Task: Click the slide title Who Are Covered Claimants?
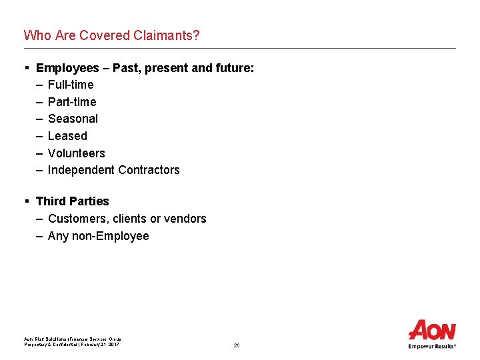click(111, 35)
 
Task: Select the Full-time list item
click(71, 85)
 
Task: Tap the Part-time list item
click(72, 102)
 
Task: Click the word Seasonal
click(73, 119)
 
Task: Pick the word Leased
click(67, 136)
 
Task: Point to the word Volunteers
click(76, 153)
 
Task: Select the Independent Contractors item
click(113, 170)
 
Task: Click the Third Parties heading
click(72, 201)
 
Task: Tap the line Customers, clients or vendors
click(127, 219)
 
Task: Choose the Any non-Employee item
click(98, 236)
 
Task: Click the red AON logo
click(432, 331)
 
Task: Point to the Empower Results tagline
click(432, 346)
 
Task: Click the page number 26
click(237, 345)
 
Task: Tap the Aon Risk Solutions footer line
click(73, 339)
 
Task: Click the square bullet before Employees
click(26, 68)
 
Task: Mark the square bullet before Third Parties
click(26, 201)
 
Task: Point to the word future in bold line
click(233, 68)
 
